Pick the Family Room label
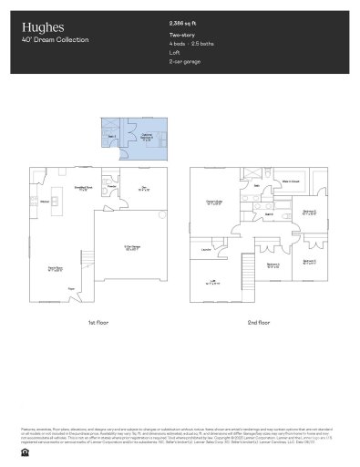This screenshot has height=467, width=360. pos(56,269)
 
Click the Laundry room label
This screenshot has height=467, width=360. pos(207,247)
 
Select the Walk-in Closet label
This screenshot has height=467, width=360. pos(291,182)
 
